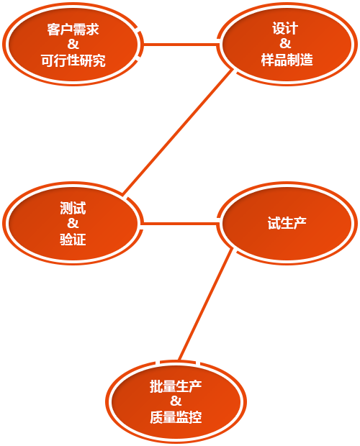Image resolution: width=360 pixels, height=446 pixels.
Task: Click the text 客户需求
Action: (73, 29)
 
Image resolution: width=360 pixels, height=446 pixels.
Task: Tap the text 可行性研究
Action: (73, 60)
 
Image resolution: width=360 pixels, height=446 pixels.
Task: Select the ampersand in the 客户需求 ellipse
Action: (73, 45)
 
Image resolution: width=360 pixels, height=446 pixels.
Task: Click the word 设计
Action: (285, 29)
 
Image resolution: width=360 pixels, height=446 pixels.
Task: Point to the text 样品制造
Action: (287, 60)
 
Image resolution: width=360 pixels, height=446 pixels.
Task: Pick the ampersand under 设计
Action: (285, 43)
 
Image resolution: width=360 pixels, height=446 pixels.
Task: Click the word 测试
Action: (73, 208)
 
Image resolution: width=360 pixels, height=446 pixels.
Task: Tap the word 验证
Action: (73, 239)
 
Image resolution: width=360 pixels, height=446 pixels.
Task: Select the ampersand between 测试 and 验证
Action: (73, 223)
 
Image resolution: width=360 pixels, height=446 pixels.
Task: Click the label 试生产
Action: (287, 223)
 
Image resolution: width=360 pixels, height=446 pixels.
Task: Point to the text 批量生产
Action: (176, 386)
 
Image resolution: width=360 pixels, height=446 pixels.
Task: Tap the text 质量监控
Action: (176, 417)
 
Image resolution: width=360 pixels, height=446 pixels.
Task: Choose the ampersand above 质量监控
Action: (176, 401)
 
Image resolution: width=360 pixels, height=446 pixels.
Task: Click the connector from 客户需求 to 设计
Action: (181, 45)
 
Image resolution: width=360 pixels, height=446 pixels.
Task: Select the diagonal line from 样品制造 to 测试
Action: (178, 132)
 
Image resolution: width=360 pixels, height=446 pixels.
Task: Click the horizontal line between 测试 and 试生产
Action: (180, 224)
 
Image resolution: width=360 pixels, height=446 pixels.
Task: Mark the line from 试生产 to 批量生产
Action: (206, 304)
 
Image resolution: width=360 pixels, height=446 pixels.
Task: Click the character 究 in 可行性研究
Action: (99, 60)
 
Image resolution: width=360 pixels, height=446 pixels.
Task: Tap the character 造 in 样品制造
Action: (307, 60)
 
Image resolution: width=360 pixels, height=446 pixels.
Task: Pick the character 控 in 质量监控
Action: (196, 417)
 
